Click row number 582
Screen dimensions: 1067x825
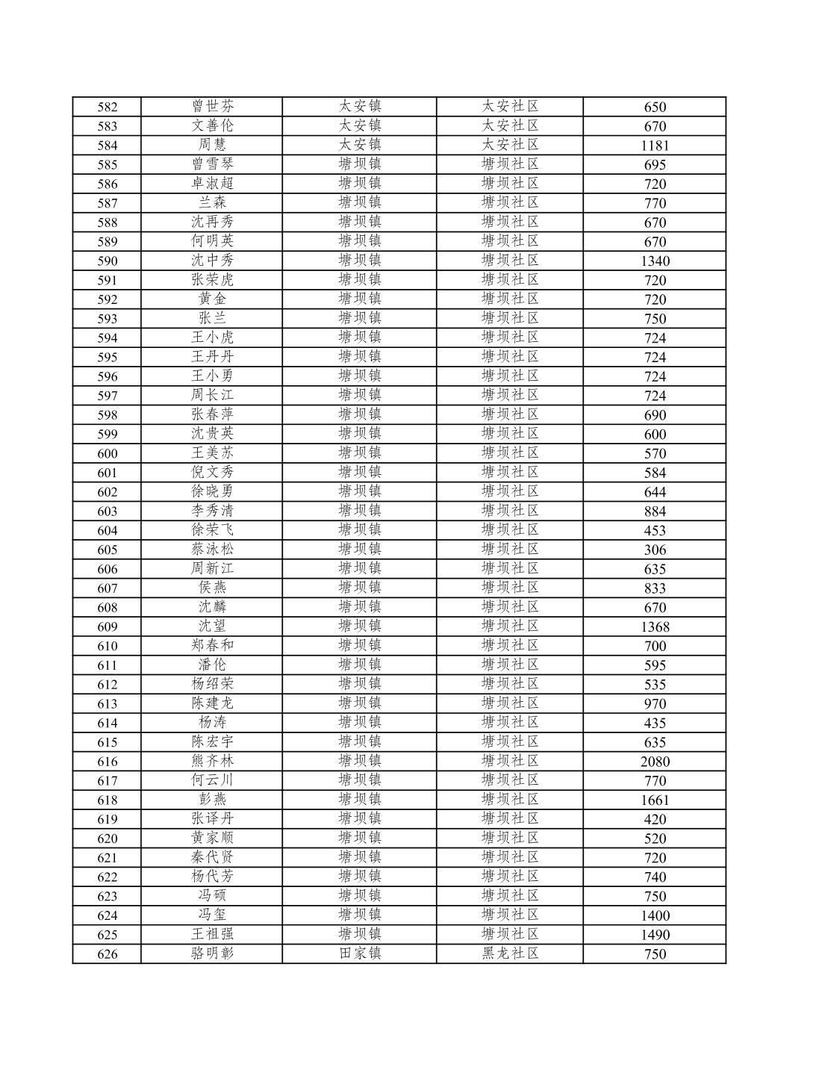(108, 107)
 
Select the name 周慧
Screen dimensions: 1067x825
(212, 145)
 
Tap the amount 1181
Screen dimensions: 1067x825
(655, 146)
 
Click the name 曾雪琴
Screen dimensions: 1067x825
(212, 164)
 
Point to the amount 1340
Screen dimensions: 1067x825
(655, 261)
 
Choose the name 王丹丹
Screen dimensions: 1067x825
(212, 357)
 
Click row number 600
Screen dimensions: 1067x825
(108, 454)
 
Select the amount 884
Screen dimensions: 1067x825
(655, 511)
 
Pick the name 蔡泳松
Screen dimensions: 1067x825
(212, 550)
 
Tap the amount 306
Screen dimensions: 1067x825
(655, 550)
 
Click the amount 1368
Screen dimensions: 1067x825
(655, 627)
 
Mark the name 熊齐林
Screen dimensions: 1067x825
(212, 761)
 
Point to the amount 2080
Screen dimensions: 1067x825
(655, 762)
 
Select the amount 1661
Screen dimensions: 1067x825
(655, 800)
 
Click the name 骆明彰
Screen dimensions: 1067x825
(212, 954)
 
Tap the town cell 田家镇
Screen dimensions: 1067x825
(360, 954)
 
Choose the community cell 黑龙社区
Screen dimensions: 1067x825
(510, 954)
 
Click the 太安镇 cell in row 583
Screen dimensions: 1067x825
(360, 125)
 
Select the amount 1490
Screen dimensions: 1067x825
(655, 935)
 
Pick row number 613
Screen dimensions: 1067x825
(108, 704)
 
